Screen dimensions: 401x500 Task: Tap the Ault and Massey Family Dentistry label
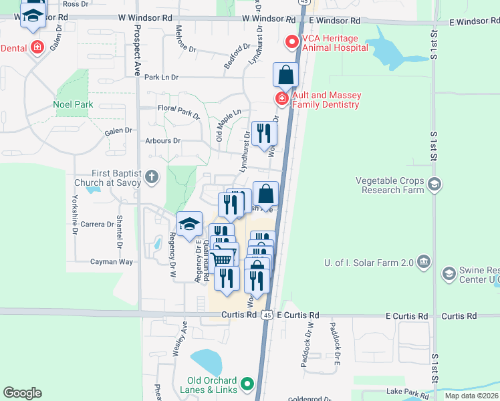coord(326,100)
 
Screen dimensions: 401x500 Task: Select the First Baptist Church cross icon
coord(152,177)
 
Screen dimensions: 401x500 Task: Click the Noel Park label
coord(73,105)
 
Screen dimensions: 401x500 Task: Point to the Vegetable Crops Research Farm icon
coord(434,184)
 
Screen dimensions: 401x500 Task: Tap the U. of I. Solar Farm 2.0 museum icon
coord(422,261)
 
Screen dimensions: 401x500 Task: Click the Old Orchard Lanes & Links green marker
coord(247,384)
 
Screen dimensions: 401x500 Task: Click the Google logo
coord(22,393)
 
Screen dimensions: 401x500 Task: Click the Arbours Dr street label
coord(162,141)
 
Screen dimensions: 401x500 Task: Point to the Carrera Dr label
coord(96,225)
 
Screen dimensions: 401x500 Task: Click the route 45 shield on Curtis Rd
coord(267,315)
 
